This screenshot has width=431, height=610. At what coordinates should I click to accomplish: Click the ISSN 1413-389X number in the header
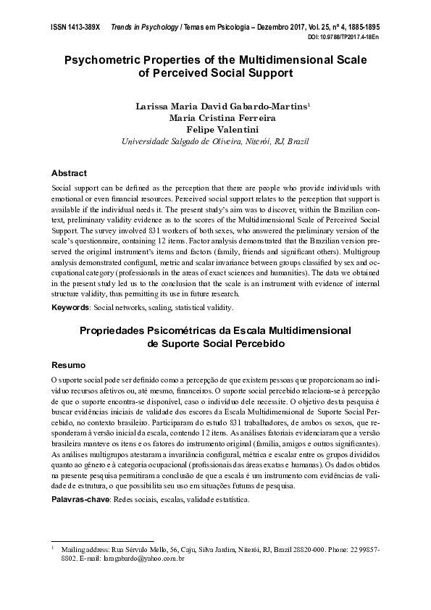click(76, 25)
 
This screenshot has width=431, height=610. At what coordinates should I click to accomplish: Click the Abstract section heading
click(69, 173)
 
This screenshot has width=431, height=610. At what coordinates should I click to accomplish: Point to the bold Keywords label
click(70, 307)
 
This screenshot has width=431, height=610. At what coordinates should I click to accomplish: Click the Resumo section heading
click(68, 364)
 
